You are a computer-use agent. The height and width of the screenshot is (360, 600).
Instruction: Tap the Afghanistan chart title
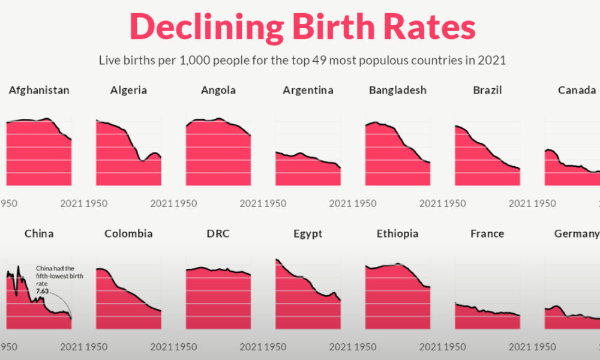point(39,91)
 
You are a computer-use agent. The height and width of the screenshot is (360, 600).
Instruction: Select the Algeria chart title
point(128,91)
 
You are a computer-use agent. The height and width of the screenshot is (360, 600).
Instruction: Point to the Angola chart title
point(218,91)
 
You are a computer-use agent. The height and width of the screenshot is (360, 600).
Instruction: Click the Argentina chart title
point(308,91)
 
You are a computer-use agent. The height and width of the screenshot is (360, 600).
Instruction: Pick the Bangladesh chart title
point(398,91)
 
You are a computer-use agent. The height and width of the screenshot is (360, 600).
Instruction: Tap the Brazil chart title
point(487,91)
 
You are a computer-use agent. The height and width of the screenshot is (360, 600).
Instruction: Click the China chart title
point(39,233)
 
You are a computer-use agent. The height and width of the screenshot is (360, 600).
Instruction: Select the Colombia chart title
point(128,233)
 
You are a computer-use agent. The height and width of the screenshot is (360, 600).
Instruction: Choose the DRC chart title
point(218,233)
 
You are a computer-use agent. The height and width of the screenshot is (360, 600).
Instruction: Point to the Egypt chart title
point(308,233)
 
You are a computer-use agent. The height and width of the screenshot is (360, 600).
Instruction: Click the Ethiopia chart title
point(398,233)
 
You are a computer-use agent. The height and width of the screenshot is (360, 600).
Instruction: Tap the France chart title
point(487,233)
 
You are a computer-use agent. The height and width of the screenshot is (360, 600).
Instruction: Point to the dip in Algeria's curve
point(142,160)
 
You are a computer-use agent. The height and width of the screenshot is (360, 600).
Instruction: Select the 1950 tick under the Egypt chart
point(276,347)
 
